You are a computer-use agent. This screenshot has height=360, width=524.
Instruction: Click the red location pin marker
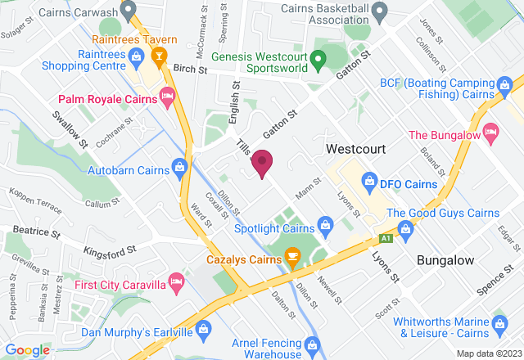coord(262,162)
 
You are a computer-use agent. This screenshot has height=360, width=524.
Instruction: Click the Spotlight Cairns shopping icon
coord(325,223)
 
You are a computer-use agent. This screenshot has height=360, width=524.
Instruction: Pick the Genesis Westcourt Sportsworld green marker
coord(320,58)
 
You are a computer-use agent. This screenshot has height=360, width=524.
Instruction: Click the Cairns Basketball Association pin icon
coord(379,11)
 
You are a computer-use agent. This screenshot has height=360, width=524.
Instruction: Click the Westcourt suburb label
coord(355,150)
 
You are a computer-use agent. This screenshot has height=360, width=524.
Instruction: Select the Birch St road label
coord(190,70)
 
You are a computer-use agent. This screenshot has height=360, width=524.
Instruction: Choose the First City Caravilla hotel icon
coord(175,283)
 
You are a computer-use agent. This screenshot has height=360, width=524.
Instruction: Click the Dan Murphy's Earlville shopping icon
coord(204,328)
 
